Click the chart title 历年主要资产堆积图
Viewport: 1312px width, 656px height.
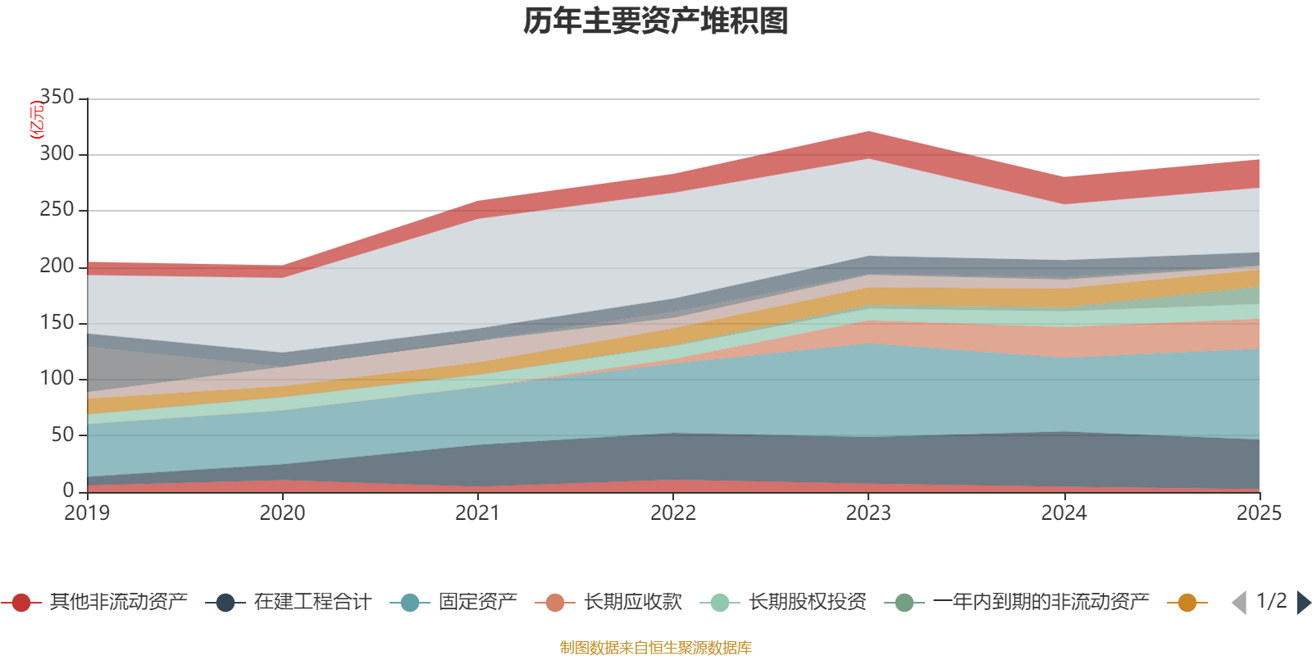656,21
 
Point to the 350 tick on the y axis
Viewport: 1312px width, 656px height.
57,98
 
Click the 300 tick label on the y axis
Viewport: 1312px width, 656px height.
57,154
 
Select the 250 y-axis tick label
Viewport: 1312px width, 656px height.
57,210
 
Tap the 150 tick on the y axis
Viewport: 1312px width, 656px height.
57,322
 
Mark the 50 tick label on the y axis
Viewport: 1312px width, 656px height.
62,435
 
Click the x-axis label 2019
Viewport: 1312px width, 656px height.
87,513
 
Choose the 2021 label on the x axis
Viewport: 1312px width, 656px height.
477,513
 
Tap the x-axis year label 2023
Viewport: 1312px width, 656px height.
868,513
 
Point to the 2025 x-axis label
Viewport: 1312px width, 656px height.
1258,513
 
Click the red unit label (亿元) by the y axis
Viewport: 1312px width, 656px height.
36,120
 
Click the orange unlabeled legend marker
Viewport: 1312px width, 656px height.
1187,603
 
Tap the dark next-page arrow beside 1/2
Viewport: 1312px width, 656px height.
1303,603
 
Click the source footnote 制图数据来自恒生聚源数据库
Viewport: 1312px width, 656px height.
656,648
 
